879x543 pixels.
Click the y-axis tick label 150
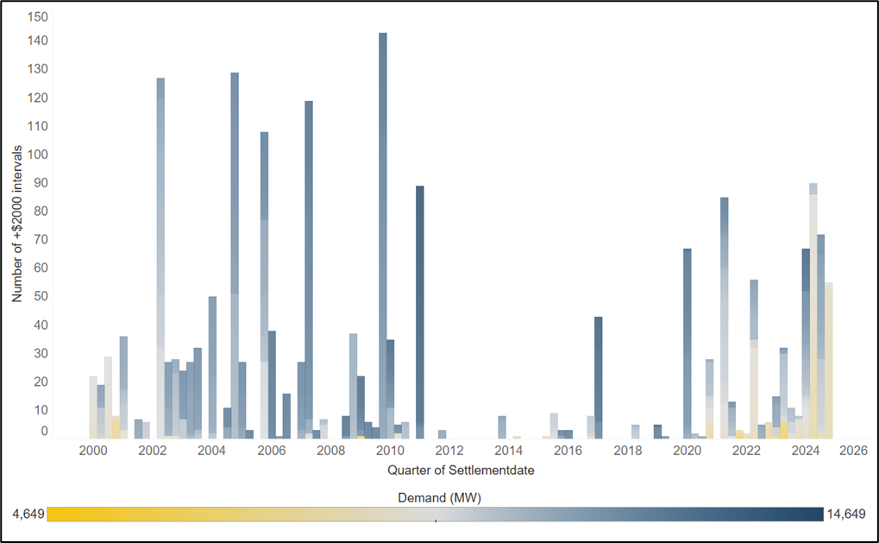[38, 17]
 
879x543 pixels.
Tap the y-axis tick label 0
[45, 432]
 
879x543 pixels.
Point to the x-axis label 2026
[853, 451]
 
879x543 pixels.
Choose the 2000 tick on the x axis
[93, 451]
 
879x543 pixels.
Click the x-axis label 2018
[628, 451]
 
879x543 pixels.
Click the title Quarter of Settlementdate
[448, 470]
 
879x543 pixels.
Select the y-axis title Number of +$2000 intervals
[17, 224]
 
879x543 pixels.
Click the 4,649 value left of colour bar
[28, 515]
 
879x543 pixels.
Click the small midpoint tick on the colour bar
[436, 521]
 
